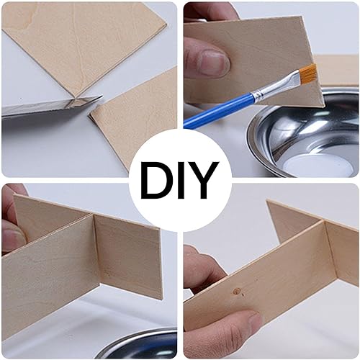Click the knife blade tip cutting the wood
point(100,97)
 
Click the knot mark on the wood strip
point(237,291)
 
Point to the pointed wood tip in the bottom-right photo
point(268,201)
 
